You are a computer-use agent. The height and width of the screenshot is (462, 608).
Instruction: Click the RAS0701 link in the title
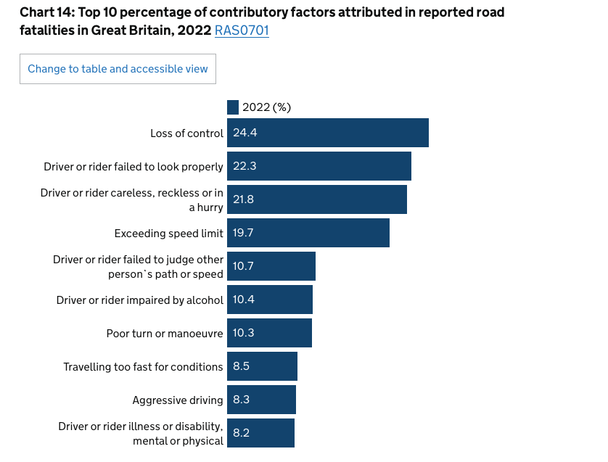click(x=242, y=31)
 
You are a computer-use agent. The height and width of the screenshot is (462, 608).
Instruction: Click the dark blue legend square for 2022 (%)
click(x=233, y=107)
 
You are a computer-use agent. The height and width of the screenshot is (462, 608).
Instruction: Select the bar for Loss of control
click(x=328, y=133)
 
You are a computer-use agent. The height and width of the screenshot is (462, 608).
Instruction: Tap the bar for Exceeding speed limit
click(x=308, y=233)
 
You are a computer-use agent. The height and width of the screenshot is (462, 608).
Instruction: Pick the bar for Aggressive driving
click(x=261, y=400)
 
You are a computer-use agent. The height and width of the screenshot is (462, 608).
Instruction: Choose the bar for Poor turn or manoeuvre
click(x=269, y=333)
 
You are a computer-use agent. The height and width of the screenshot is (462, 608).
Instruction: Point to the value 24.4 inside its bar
click(x=245, y=133)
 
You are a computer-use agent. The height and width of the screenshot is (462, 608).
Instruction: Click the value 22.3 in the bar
click(x=245, y=166)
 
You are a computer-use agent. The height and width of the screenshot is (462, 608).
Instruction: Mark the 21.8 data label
click(x=244, y=199)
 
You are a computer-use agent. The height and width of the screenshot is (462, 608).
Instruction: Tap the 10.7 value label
click(x=243, y=266)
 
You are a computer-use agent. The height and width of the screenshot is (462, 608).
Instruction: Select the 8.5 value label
click(x=241, y=366)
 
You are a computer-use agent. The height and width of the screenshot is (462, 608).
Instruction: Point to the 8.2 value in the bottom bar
click(x=241, y=433)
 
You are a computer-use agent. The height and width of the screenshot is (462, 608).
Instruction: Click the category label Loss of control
click(x=186, y=133)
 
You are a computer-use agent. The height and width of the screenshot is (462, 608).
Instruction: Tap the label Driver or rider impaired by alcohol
click(x=140, y=300)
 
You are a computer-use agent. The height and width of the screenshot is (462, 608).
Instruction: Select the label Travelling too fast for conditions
click(x=143, y=366)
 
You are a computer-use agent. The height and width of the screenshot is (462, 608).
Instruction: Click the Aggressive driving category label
click(x=178, y=400)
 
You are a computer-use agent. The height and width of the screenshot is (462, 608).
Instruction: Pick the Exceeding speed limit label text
click(x=168, y=233)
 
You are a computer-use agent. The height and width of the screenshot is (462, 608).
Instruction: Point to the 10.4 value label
click(x=243, y=300)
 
